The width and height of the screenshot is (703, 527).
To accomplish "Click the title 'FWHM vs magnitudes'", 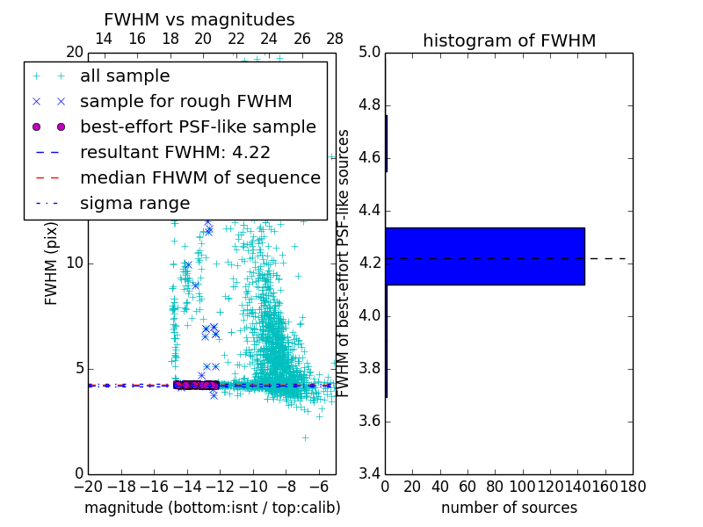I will point(199,20).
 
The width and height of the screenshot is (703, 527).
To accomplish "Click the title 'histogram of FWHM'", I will point(509,40).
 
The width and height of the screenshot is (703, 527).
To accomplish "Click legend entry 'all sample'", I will point(125,76).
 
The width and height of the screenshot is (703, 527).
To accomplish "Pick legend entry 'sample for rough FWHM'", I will point(186,101).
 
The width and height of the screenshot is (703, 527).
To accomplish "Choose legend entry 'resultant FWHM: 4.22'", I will point(175,152).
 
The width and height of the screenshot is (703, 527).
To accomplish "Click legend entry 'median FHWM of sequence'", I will point(200,177).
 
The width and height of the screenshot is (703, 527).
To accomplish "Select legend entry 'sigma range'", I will point(134,203).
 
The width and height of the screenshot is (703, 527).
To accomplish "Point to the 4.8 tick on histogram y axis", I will point(368,105).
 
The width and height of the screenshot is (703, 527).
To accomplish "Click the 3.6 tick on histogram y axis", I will point(368,422).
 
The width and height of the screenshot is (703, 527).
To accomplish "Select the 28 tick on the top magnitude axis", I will point(335,40).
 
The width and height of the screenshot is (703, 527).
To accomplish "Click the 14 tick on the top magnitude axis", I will point(103,40).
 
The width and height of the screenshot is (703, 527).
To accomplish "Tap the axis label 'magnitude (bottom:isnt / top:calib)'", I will point(212,508).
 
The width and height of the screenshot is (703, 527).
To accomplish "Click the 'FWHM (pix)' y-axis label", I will point(52,263).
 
